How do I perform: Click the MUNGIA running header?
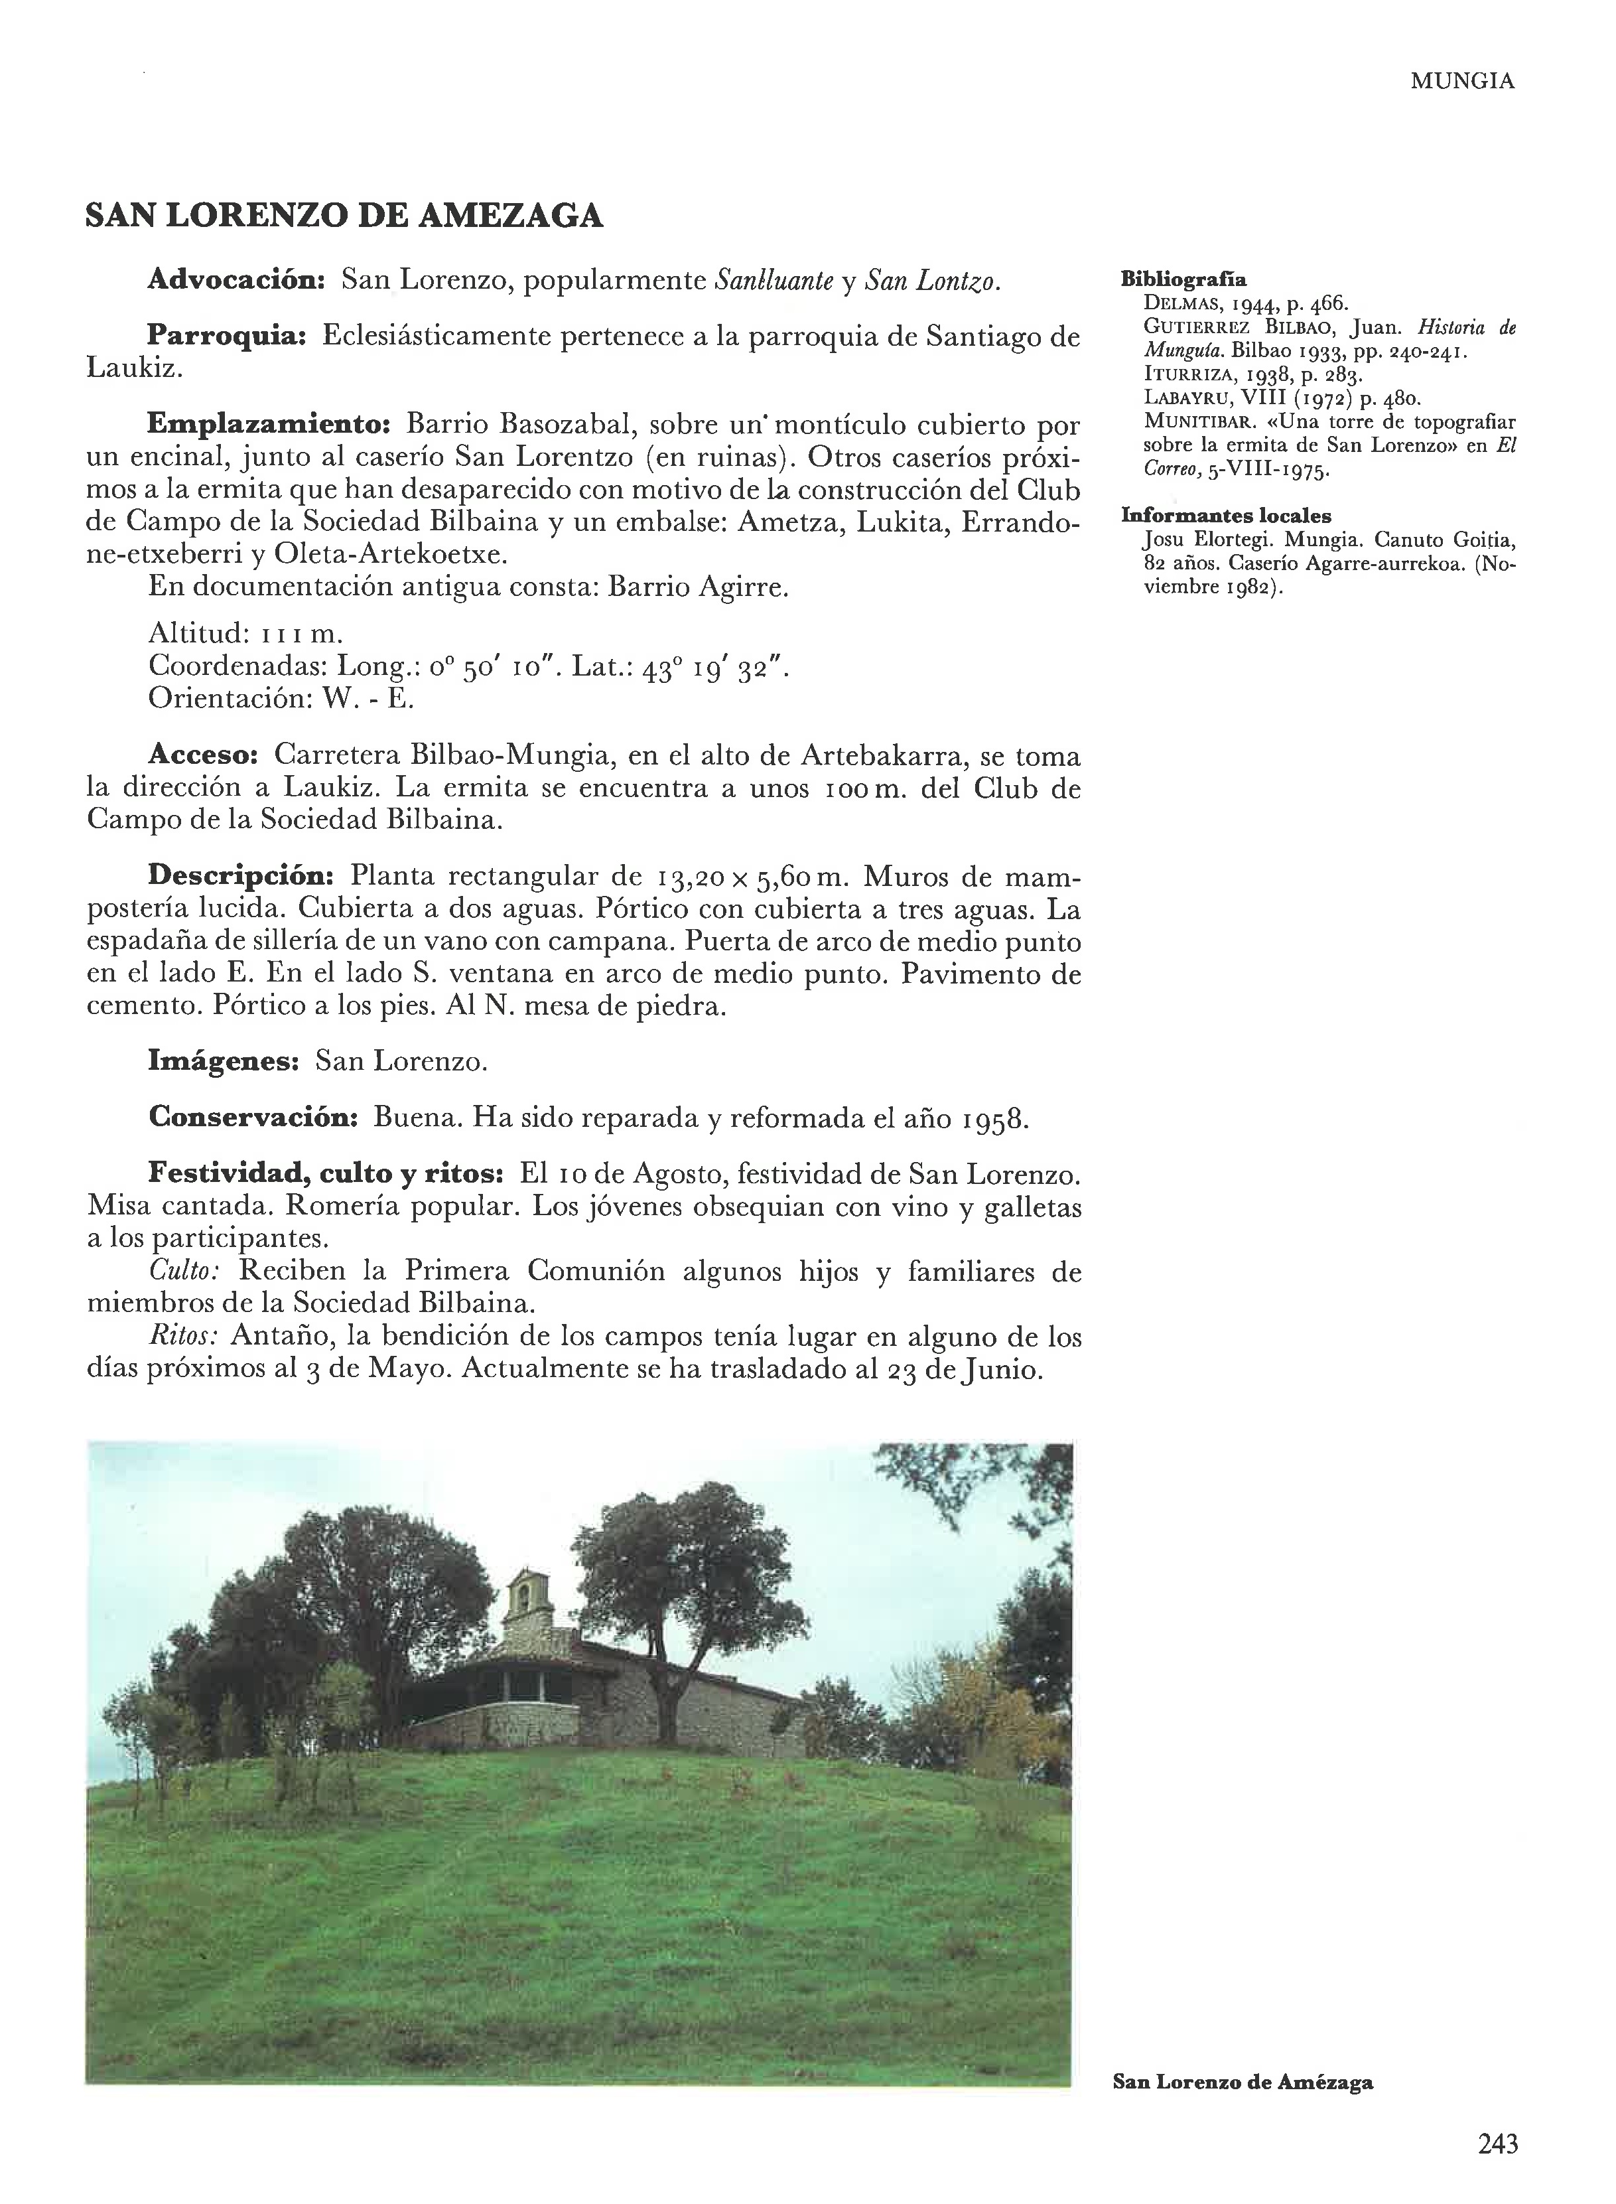coord(1461,82)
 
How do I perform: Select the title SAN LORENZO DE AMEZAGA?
coord(344,216)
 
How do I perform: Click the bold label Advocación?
coord(236,281)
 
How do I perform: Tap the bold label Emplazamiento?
coord(269,425)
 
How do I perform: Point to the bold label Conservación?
coord(252,1118)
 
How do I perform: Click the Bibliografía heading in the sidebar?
coord(1183,278)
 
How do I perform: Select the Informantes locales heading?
coord(1227,516)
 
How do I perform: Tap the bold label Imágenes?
coord(223,1062)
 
